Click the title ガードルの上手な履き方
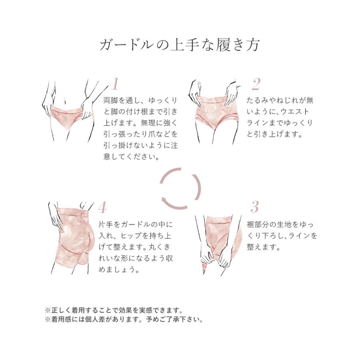coord(180,44)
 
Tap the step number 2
coord(256,84)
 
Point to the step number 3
coord(255,207)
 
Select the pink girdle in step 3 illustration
coord(218,232)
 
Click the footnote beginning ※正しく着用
coord(114,310)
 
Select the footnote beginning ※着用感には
coord(124,320)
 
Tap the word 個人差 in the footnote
coord(110,320)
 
